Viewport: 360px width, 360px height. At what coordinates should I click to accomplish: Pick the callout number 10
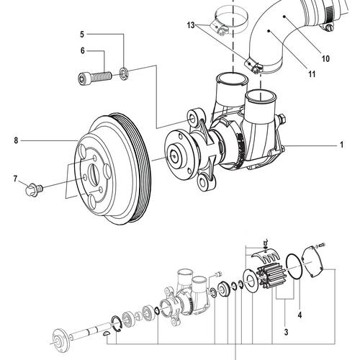[x=325, y=58]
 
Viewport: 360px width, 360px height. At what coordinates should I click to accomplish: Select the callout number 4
[x=300, y=314]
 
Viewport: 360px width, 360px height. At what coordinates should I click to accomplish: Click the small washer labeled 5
[x=125, y=71]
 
